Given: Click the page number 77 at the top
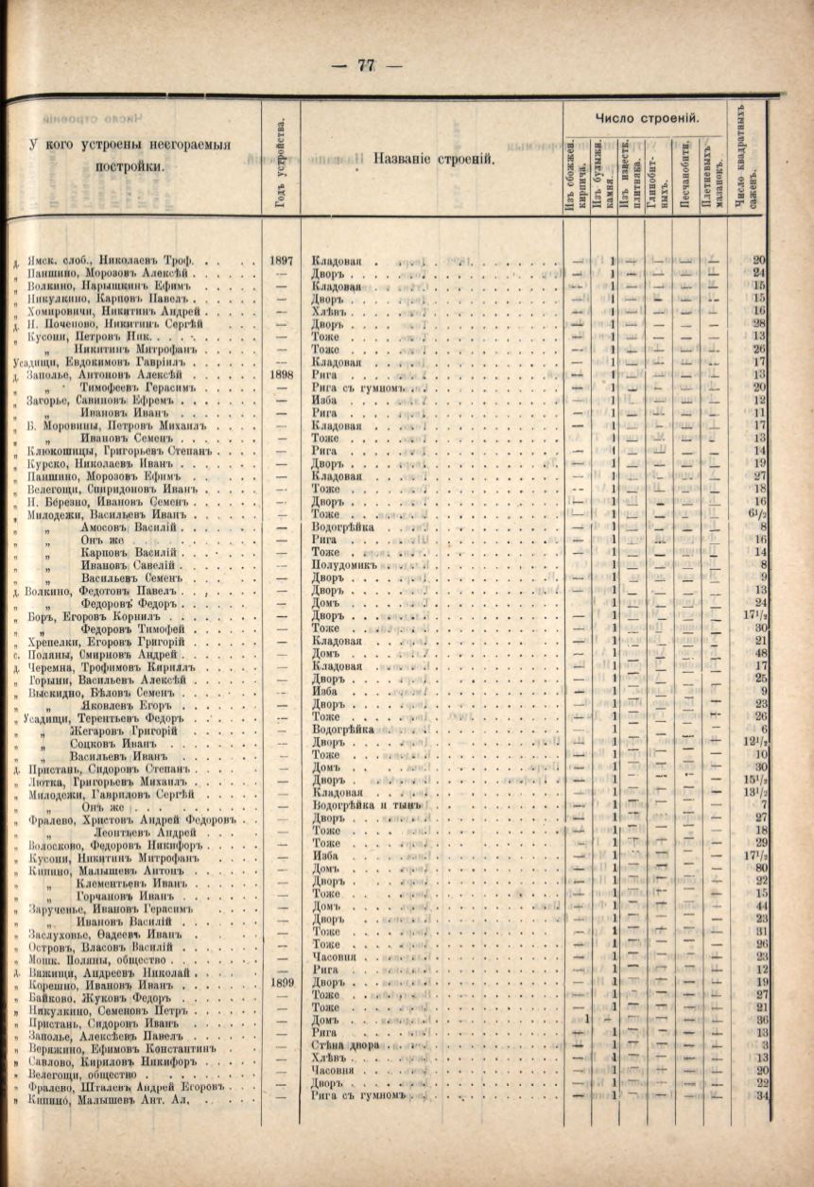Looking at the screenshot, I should pyautogui.click(x=366, y=65).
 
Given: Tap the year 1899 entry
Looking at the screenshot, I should pyautogui.click(x=281, y=982).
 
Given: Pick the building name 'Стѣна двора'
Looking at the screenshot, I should pyautogui.click(x=345, y=1045).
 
